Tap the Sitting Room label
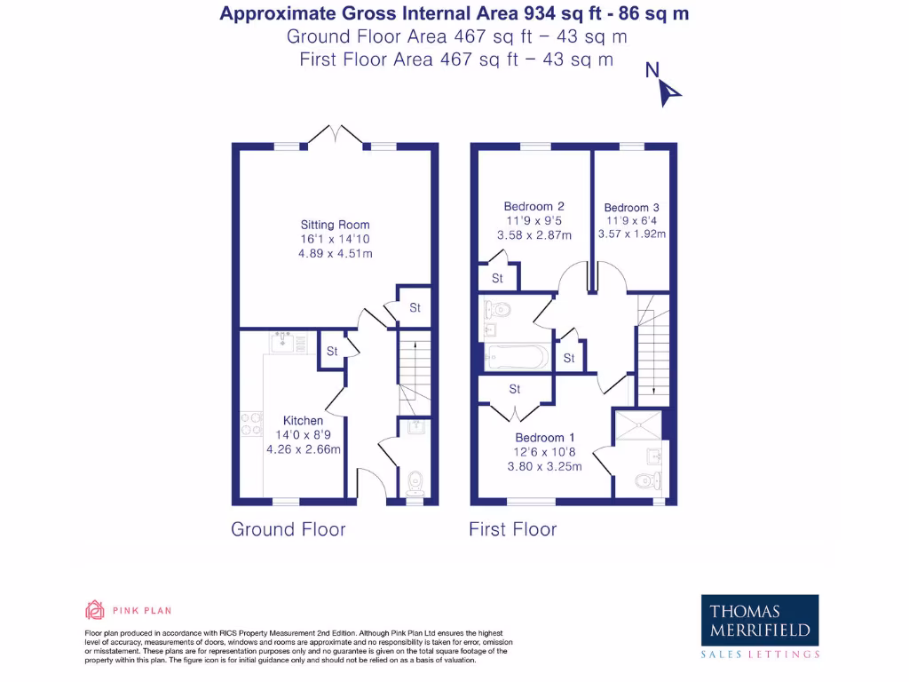coord(335,225)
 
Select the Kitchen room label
coord(304,420)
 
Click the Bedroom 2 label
coord(534,206)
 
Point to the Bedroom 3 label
coord(631,208)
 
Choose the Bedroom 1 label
coord(545,438)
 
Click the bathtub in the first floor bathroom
coord(518,357)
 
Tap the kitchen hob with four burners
coord(251,424)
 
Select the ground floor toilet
coord(415,484)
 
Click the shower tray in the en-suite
coord(638,425)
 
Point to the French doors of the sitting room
coord(336,135)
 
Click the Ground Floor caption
coord(289,529)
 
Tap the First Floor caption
coord(513,529)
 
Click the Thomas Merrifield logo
coord(760,627)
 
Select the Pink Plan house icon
coord(95,610)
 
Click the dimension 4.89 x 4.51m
coord(336,253)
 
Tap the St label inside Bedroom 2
coord(497,278)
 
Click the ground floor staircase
coord(415,372)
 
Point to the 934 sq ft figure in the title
coord(562,13)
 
